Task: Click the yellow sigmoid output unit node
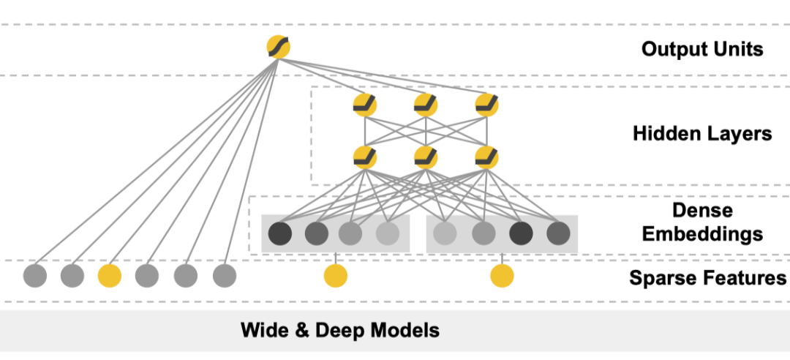[x=279, y=48]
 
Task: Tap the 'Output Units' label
[x=701, y=49]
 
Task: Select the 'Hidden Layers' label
[x=701, y=134]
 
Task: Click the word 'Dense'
[x=702, y=211]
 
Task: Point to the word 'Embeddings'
[x=702, y=234]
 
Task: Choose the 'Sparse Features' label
[x=707, y=278]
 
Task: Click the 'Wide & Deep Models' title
[x=340, y=330]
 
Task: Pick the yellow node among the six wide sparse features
[x=109, y=275]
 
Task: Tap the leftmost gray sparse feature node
[x=34, y=275]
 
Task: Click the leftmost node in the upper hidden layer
[x=364, y=105]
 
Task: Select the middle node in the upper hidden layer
[x=426, y=105]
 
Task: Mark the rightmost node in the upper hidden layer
[x=486, y=105]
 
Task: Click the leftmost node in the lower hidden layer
[x=364, y=157]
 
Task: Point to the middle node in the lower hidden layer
[x=426, y=157]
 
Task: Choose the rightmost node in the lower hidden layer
[x=486, y=157]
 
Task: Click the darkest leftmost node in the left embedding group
[x=279, y=234]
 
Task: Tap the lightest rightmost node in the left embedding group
[x=388, y=234]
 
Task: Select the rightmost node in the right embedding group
[x=558, y=234]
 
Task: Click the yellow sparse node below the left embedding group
[x=335, y=276]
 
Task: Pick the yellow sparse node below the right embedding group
[x=502, y=276]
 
